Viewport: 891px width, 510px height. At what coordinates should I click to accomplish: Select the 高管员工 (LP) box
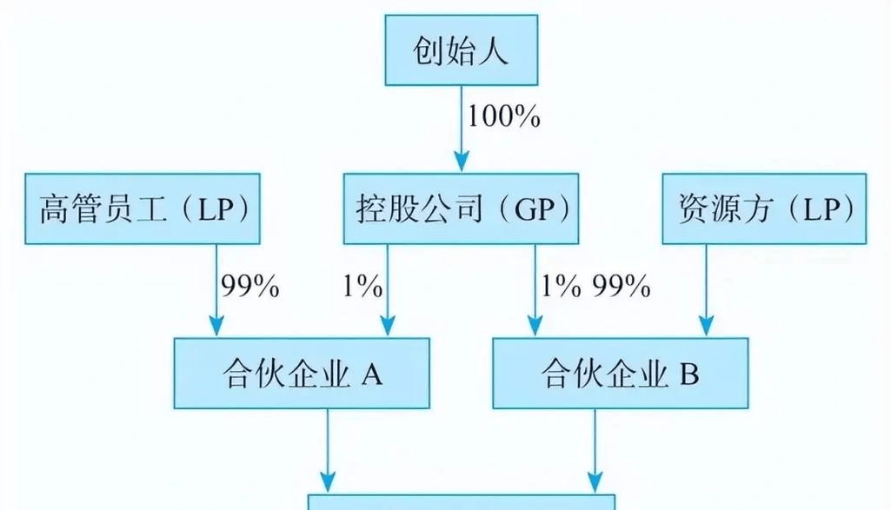click(x=143, y=209)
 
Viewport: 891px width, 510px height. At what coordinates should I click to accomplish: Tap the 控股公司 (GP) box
click(x=461, y=209)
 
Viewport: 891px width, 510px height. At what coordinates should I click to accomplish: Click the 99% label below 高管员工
click(x=250, y=286)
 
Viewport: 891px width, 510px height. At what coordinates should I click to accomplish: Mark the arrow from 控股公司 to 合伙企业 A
click(x=386, y=290)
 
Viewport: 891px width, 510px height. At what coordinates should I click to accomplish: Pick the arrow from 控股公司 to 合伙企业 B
click(x=532, y=290)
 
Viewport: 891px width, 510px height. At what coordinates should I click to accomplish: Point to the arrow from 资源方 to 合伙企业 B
click(x=706, y=290)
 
